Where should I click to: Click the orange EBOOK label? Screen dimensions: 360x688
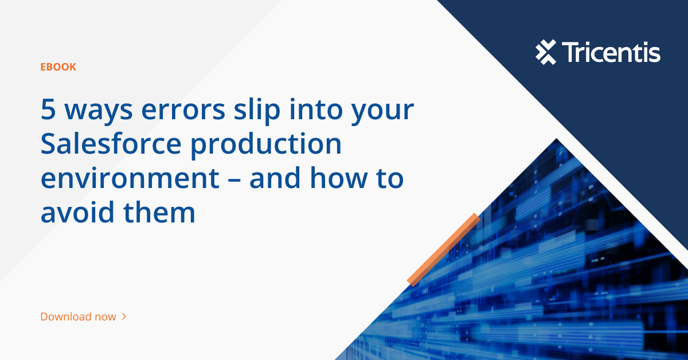coord(58,67)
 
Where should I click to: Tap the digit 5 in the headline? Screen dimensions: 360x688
coord(48,110)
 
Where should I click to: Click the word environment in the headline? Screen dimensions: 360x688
coord(130,178)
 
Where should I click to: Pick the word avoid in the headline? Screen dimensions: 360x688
coord(73,213)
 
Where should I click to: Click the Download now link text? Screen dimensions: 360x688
coord(78,316)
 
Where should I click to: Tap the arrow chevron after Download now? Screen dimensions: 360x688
coord(124,316)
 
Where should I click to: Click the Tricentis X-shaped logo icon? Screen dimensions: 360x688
coord(546,52)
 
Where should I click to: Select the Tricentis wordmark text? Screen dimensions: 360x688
coord(611,52)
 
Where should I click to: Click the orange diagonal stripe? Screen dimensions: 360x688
coord(443,249)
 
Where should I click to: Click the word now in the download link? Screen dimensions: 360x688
coord(105,316)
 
